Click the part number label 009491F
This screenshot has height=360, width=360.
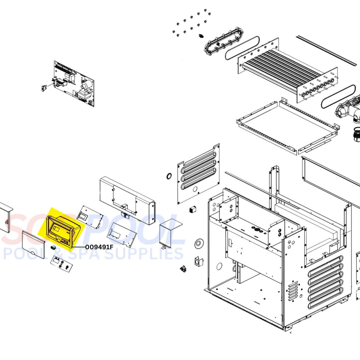[x=99, y=247]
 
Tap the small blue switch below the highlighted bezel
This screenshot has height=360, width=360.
[x=53, y=248]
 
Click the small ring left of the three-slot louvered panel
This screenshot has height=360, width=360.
[x=169, y=176]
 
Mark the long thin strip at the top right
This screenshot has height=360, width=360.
[x=327, y=51]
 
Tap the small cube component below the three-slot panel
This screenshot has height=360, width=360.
[x=192, y=209]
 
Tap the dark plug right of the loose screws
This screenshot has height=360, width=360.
[x=201, y=36]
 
